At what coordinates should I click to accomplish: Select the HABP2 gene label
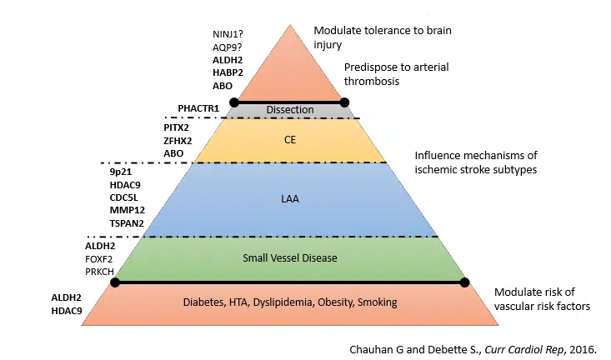pos(228,72)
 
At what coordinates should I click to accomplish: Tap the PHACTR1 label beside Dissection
pos(198,109)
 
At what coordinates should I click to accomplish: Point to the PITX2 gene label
pos(178,127)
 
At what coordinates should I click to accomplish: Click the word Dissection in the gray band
pos(289,110)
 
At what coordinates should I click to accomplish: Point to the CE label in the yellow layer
pos(289,140)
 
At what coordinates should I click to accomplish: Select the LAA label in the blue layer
pos(289,198)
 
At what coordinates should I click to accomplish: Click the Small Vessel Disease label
pos(289,257)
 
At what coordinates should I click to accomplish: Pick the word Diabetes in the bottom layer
pos(205,302)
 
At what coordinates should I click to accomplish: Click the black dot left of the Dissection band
pos(234,102)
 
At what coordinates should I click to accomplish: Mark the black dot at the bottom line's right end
pos(465,282)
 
